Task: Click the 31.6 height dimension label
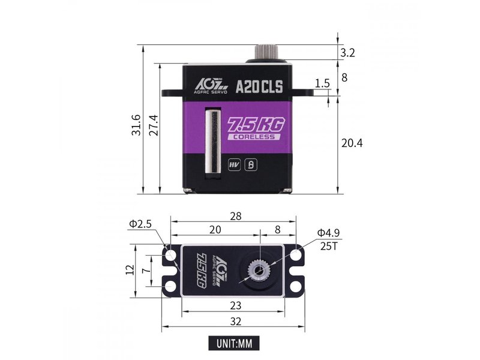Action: click(136, 125)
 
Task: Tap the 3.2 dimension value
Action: click(348, 53)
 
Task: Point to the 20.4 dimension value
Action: click(352, 143)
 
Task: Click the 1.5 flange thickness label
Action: click(322, 83)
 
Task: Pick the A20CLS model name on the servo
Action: click(259, 87)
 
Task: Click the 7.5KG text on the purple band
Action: click(257, 125)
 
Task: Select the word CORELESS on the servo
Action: click(254, 137)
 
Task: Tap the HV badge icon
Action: click(235, 165)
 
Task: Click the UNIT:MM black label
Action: click(234, 343)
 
